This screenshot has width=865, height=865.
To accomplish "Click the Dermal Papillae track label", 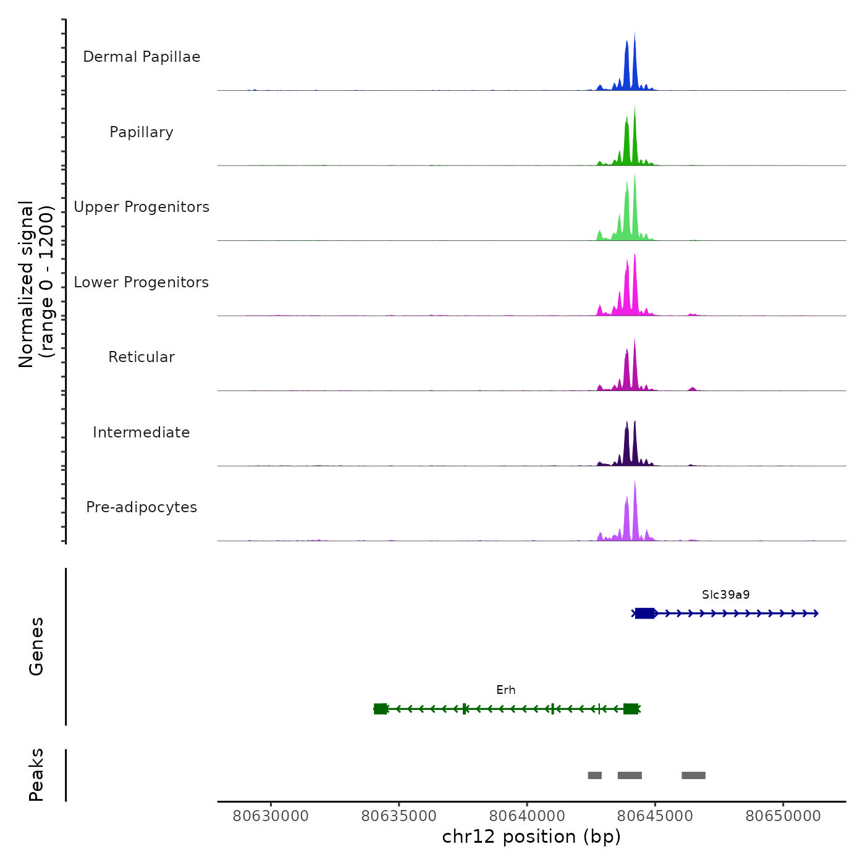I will point(141,57).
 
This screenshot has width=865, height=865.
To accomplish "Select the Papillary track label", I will point(141,132).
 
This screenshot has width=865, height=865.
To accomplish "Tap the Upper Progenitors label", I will point(141,207).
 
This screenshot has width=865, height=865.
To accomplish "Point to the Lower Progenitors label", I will point(141,282).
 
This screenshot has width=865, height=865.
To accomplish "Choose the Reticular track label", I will point(141,357).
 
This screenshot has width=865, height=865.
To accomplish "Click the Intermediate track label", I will point(141,432).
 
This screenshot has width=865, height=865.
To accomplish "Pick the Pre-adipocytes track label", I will point(141,507).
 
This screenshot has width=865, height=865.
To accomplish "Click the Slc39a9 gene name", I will point(725,595).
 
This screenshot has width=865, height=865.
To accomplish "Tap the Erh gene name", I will point(505,690).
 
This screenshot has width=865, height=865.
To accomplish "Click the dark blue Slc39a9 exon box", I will point(644,613).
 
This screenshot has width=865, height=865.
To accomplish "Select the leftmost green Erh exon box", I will point(381,709).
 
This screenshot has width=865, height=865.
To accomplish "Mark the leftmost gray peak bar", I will point(594,775).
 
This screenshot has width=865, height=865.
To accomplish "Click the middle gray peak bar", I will point(630,775).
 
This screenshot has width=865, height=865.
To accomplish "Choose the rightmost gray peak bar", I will point(693,775).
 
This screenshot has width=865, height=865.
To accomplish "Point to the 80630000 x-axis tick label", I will point(271,816).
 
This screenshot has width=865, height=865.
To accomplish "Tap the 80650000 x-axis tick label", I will point(783,816).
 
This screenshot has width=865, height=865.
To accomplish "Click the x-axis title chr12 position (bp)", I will point(531,837).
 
